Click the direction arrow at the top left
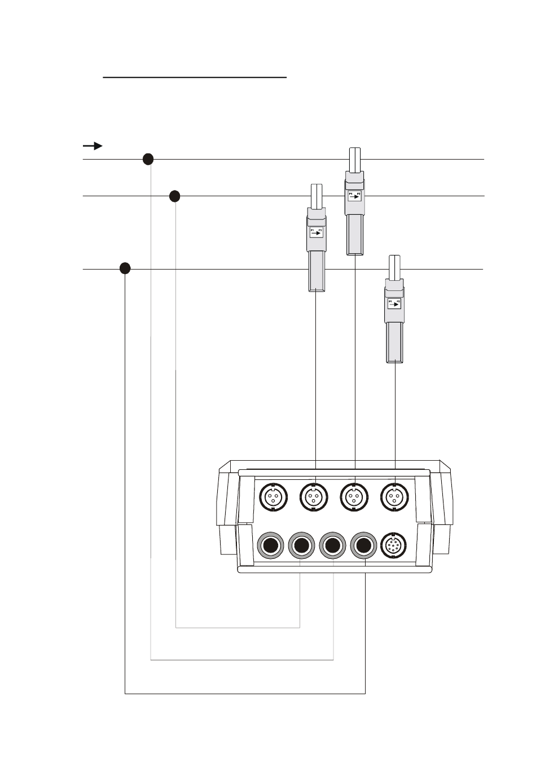click(x=93, y=146)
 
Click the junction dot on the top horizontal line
click(x=148, y=159)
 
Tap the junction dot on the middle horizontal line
click(x=175, y=196)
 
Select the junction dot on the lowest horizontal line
click(x=125, y=268)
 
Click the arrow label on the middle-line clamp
click(x=316, y=232)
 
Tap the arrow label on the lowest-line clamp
click(x=394, y=305)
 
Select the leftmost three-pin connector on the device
click(x=273, y=497)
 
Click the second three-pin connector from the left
click(x=314, y=497)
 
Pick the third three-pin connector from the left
click(x=354, y=497)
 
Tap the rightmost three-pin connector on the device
click(x=394, y=497)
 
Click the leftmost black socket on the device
click(x=271, y=546)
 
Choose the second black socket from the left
click(x=302, y=546)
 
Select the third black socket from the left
click(x=333, y=546)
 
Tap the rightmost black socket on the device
click(x=364, y=546)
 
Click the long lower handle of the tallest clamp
click(x=354, y=234)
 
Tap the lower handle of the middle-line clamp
click(x=316, y=271)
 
